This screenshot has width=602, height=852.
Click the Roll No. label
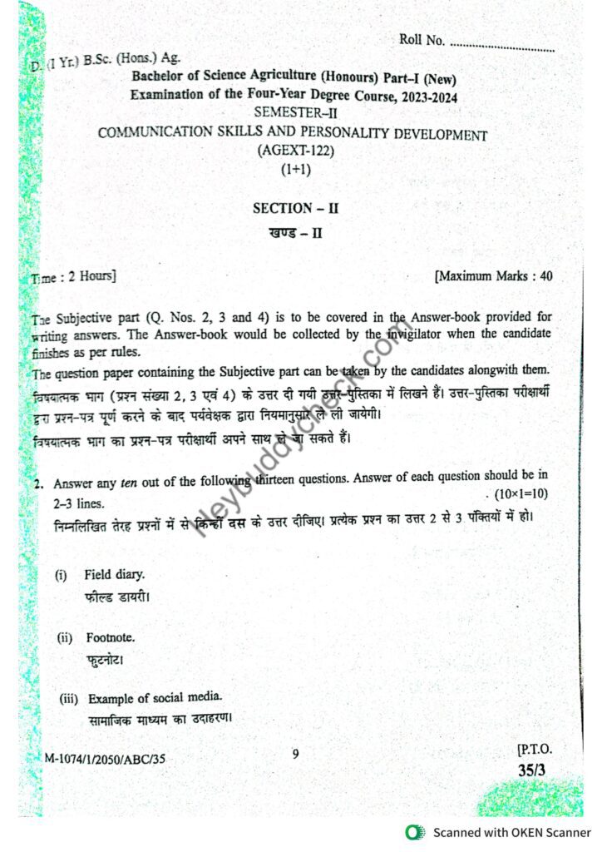tap(422, 40)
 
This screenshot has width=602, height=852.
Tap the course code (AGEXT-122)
tap(293, 151)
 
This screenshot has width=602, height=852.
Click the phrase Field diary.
tap(114, 574)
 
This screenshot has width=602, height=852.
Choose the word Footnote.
tap(110, 637)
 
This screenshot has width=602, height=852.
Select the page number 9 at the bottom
tap(295, 754)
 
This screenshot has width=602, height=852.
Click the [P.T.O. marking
tap(534, 750)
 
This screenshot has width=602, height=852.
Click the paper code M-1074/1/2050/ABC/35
tap(111, 758)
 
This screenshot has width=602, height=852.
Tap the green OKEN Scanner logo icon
tap(413, 832)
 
